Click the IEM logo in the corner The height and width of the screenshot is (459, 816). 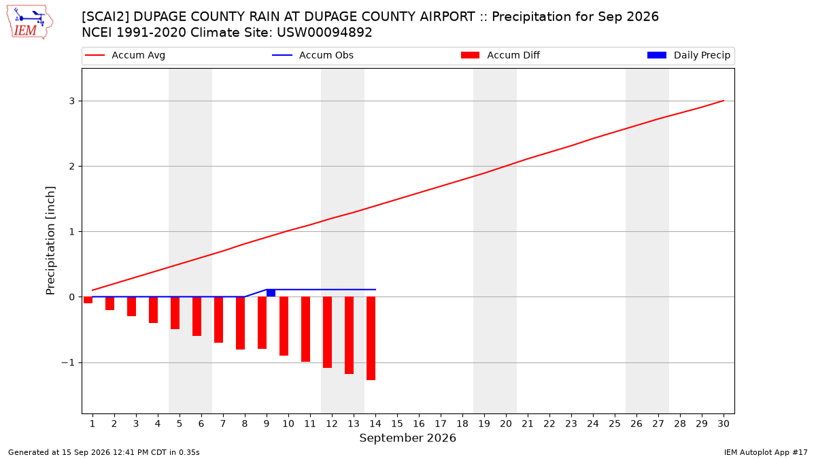29,22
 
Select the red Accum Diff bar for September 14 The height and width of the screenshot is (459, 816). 371,339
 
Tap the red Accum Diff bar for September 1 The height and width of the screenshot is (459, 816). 88,300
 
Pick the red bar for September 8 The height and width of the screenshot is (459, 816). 241,323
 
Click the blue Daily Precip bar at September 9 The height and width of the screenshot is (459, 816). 271,293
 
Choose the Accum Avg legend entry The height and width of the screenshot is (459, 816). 125,55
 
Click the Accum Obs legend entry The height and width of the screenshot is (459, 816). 313,55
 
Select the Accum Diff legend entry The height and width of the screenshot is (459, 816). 500,55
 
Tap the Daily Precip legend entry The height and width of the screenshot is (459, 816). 689,55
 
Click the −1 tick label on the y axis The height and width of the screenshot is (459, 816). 68,363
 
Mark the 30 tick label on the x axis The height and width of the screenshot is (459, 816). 724,424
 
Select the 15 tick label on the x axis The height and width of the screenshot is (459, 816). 397,424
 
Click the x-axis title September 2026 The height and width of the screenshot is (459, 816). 407,438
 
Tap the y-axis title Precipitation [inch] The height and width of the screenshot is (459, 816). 50,241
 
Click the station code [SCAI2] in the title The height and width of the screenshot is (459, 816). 105,17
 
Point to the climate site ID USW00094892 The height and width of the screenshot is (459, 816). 324,33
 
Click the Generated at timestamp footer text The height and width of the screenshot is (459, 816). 104,452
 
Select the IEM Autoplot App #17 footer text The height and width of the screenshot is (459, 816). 766,452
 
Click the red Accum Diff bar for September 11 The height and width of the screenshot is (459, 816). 305,329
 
